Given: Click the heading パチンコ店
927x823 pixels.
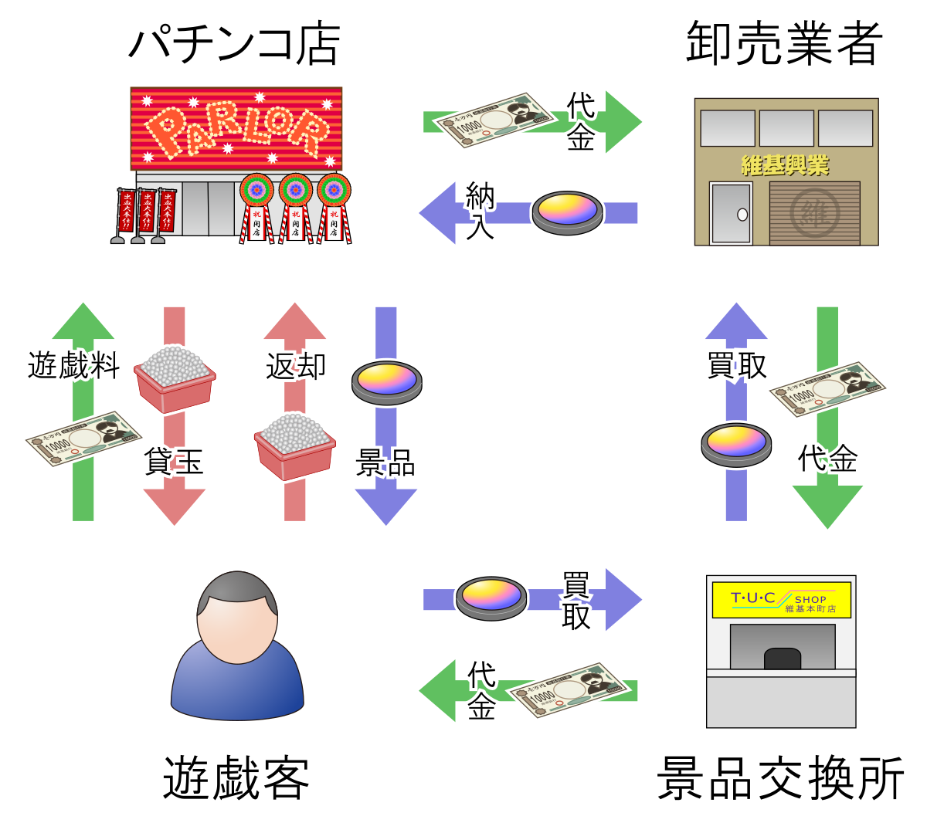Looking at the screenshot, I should [x=234, y=44].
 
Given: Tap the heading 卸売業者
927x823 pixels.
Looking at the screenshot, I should [x=784, y=44].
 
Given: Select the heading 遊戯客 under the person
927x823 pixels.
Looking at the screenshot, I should [x=236, y=777].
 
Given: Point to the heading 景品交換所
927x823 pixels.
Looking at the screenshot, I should [x=780, y=777].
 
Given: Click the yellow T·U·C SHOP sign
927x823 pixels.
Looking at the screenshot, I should [x=780, y=601].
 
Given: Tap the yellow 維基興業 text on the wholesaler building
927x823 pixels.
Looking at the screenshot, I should [x=785, y=165].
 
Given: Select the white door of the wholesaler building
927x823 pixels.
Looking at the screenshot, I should [x=731, y=214].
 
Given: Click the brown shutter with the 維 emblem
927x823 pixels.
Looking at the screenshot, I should [x=814, y=213].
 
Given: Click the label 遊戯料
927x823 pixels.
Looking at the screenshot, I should [x=73, y=364].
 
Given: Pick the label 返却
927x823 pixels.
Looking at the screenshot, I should [x=295, y=366].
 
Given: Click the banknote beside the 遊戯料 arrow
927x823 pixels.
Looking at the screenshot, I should [x=83, y=439].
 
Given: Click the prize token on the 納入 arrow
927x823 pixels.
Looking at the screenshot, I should [x=567, y=212].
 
